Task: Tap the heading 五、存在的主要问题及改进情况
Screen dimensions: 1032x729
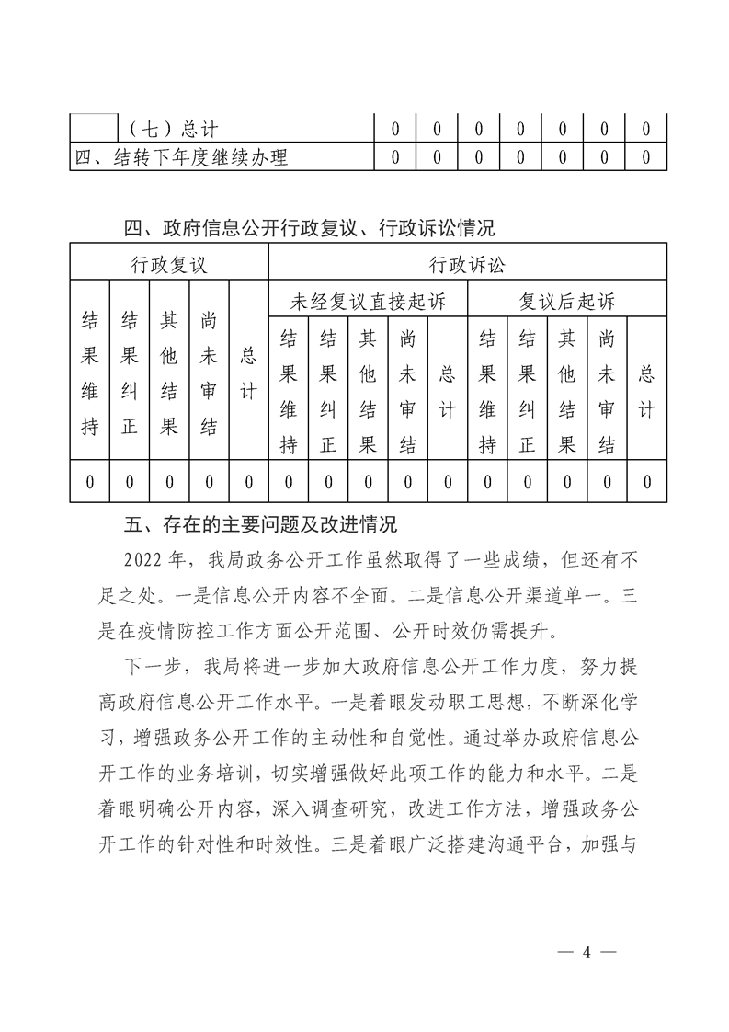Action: point(260,526)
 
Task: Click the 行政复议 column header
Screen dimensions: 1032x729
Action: point(168,265)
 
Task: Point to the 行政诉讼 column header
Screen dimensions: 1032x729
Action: point(467,265)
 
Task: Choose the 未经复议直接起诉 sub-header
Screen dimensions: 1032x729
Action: point(368,300)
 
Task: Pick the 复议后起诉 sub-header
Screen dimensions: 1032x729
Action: point(567,300)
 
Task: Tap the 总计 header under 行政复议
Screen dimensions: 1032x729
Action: point(248,373)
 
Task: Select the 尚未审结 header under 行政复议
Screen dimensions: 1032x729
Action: point(209,373)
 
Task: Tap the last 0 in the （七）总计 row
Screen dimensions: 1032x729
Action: point(646,130)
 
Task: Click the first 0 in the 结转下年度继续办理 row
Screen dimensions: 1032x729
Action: point(394,157)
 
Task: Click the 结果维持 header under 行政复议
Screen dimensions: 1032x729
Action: point(90,373)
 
